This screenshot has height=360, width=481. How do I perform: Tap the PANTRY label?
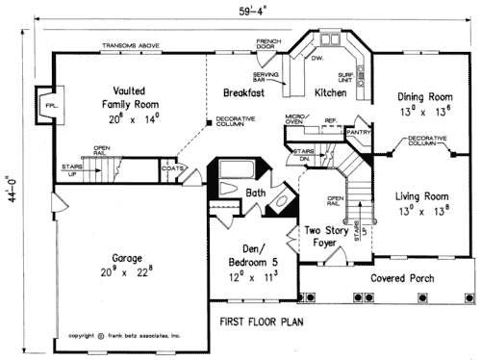pos(359,131)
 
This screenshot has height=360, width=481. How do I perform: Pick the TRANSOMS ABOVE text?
pos(129,46)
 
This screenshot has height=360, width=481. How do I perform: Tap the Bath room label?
pos(255,193)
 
